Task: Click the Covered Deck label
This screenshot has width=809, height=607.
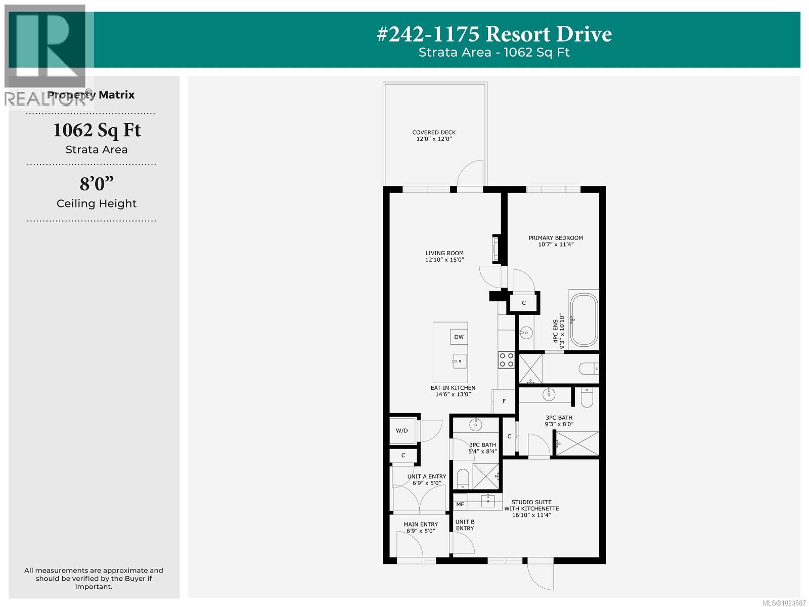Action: pos(434,133)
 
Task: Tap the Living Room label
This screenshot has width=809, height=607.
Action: pos(444,253)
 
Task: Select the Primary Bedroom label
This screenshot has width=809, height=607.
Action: pos(556,238)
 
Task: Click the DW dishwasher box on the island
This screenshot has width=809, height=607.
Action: pos(459,337)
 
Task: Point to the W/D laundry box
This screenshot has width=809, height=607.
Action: pos(402,431)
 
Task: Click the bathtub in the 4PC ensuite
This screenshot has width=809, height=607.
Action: pos(583,319)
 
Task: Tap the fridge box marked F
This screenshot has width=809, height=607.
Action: pos(504,401)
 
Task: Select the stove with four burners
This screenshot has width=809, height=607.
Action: pos(507,360)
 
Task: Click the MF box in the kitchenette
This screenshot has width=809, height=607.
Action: pos(460,504)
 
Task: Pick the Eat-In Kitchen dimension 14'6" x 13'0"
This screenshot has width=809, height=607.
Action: pos(453,394)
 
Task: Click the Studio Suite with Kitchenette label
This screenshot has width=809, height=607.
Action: pos(531,506)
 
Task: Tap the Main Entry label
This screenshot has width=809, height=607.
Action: pos(421,524)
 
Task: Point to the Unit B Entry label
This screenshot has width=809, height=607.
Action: pos(465,525)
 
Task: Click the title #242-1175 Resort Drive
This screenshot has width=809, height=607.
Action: pos(494,34)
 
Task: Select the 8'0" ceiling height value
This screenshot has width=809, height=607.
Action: pos(96,184)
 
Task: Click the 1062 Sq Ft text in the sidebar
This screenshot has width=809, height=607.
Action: pos(97,130)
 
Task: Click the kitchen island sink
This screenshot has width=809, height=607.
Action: pos(459,361)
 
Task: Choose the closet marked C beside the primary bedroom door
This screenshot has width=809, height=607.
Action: pos(524,303)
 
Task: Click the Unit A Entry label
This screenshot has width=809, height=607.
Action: pos(427,476)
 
